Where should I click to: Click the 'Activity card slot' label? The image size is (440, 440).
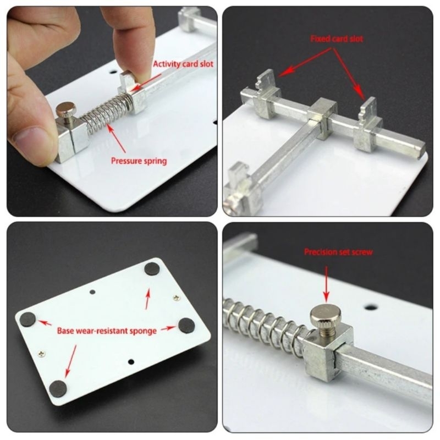coord(183,64)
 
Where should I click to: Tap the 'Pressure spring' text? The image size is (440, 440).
coord(139,161)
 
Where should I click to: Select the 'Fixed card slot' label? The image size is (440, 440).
coord(337,38)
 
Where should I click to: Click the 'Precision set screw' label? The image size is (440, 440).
coord(338,252)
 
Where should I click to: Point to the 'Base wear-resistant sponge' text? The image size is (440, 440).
coord(107,331)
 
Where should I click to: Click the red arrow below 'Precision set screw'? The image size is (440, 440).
coord(326,284)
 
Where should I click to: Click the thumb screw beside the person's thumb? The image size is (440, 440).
coord(66,111)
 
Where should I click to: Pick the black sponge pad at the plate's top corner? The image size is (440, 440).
coord(152,269)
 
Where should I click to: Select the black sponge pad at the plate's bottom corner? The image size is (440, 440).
coord(58,389)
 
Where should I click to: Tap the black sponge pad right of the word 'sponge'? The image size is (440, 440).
coord(186,325)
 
